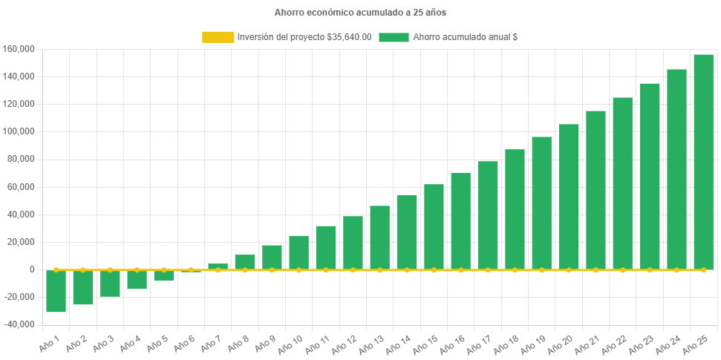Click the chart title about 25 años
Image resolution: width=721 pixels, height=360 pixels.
pyautogui.click(x=360, y=13)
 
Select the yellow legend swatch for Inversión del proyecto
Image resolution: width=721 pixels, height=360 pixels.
pyautogui.click(x=217, y=37)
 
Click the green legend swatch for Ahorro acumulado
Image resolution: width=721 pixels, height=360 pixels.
pyautogui.click(x=394, y=37)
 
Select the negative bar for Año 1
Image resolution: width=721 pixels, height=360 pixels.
pyautogui.click(x=56, y=291)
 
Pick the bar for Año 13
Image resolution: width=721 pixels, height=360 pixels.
pyautogui.click(x=379, y=238)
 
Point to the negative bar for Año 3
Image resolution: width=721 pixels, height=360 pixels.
pyautogui.click(x=110, y=284)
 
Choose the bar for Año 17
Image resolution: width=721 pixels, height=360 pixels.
pyautogui.click(x=488, y=215)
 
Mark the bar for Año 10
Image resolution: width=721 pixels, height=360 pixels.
pyautogui.click(x=298, y=252)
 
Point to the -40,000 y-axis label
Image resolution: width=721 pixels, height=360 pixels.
pyautogui.click(x=19, y=324)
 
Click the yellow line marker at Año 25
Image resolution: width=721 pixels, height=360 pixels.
pyautogui.click(x=703, y=269)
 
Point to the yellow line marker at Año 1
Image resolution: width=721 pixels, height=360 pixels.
pyautogui.click(x=56, y=269)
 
